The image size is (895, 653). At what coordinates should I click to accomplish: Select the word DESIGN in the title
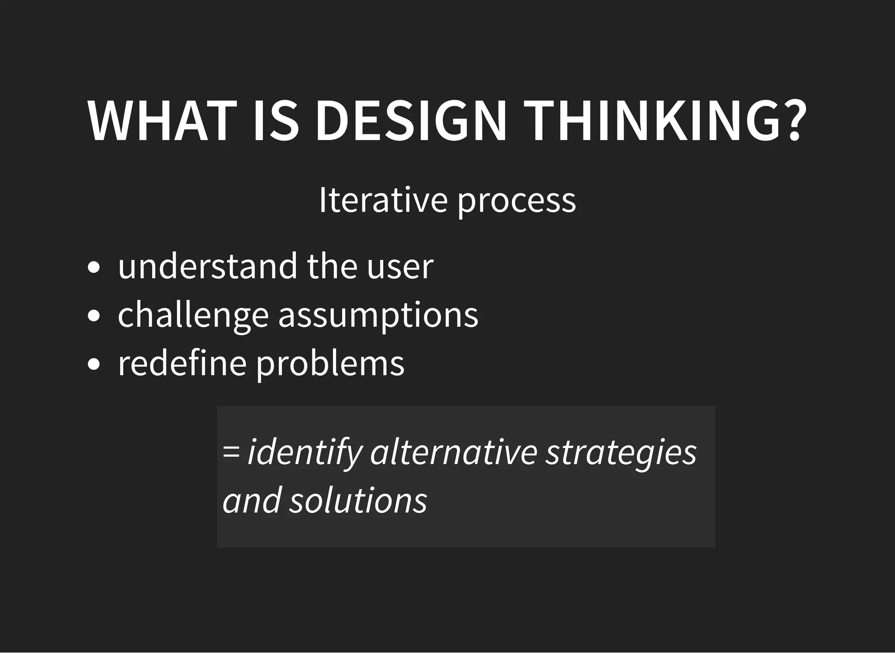point(411,121)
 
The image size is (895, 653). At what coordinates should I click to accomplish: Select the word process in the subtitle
point(517,202)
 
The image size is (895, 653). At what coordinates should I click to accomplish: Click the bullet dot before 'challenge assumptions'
point(94,315)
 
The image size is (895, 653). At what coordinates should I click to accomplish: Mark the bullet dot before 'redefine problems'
point(94,363)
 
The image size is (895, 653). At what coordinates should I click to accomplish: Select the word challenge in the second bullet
point(193,315)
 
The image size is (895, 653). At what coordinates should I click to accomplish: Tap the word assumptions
point(378,316)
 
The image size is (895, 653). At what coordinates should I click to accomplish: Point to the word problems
point(330,364)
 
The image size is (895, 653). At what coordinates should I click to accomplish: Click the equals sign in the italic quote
point(231,452)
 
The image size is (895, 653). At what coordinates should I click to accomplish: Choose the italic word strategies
point(621,453)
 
